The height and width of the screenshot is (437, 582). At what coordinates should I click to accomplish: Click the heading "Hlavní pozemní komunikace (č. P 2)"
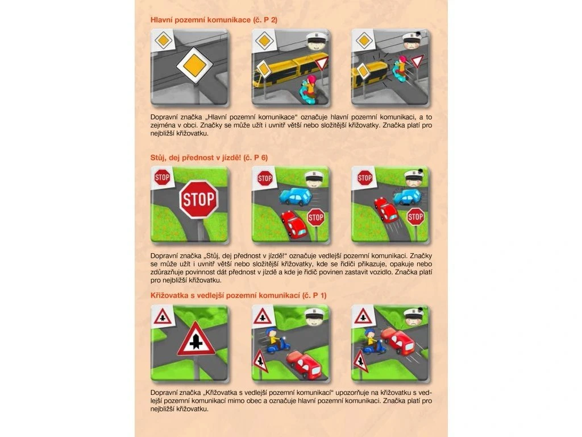(x=214, y=20)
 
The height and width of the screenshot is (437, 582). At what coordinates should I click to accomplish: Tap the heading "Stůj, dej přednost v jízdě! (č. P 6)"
(x=209, y=158)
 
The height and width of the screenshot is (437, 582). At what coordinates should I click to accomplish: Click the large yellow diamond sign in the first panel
(x=194, y=65)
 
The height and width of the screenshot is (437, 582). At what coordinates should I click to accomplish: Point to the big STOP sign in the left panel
(x=199, y=200)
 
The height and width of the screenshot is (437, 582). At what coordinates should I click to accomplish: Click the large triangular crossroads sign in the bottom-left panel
(x=196, y=339)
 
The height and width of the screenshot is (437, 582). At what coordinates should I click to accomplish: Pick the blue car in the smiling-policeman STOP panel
(x=296, y=196)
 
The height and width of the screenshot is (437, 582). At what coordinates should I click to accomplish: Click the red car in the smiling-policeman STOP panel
(x=294, y=224)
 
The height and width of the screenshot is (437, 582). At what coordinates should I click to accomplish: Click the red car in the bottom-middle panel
(x=304, y=363)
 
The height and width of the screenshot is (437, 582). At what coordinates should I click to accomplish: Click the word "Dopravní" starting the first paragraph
(x=164, y=117)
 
